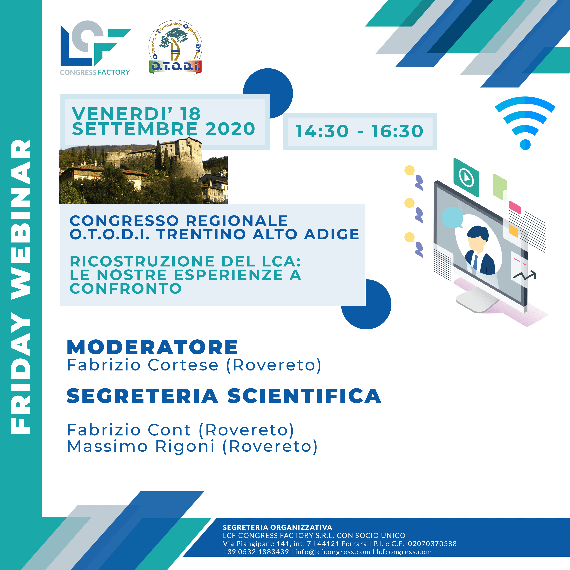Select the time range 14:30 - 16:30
tap(359, 131)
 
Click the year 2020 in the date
tap(230, 129)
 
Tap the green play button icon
tap(466, 178)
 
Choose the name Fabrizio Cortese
tap(143, 365)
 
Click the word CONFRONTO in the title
tap(126, 289)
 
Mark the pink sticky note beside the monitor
tap(515, 207)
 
